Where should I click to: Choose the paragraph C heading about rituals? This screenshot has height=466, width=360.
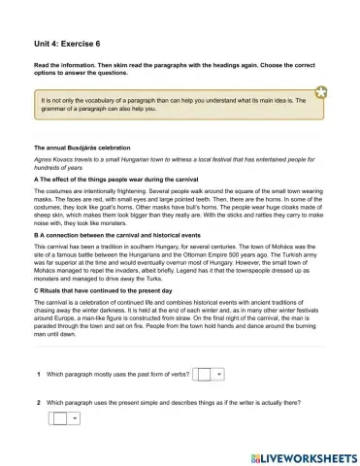pos(103,290)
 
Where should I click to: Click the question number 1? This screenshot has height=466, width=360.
pos(38,374)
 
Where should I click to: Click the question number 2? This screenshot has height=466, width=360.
pos(38,402)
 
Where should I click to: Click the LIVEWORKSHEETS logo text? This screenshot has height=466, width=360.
pos(302,455)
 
